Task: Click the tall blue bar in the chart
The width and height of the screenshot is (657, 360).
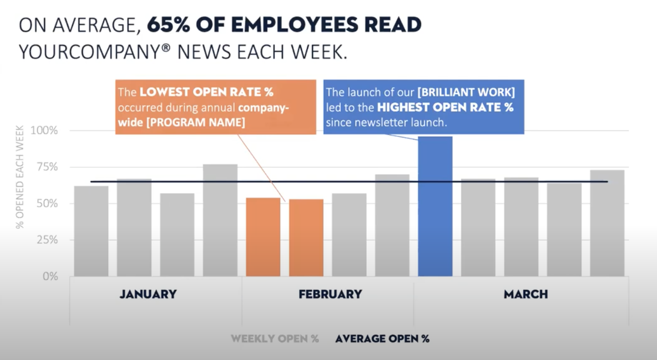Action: coord(435,208)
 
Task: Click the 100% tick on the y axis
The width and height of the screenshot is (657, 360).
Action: coord(44,131)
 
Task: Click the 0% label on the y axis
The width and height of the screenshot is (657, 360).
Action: coord(49,276)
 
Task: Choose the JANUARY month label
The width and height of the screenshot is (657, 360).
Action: coord(148,294)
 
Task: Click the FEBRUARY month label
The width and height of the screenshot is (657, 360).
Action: coord(330,294)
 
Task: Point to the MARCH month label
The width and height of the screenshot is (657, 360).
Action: coord(526,294)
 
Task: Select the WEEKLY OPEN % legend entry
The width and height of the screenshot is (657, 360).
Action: coord(274,339)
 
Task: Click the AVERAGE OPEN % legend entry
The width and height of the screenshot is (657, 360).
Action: coord(382,339)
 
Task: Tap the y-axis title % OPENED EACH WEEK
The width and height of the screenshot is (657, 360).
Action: coord(20,177)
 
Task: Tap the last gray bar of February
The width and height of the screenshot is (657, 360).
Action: coord(392,225)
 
